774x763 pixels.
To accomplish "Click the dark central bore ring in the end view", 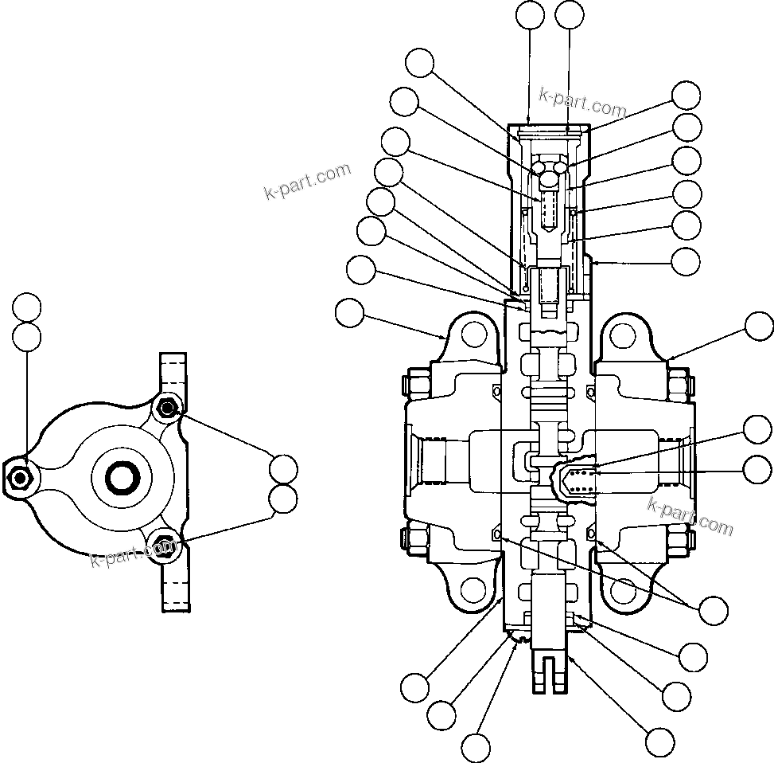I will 123,477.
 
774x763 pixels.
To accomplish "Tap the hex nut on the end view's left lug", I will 19,477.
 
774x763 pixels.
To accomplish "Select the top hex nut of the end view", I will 166,409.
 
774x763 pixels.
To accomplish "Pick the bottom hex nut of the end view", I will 165,546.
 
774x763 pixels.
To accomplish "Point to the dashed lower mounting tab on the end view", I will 174,585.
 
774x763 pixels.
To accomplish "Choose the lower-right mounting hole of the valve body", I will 624,590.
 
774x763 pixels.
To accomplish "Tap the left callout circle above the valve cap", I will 530,15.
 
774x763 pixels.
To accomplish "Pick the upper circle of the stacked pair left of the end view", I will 26,307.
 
